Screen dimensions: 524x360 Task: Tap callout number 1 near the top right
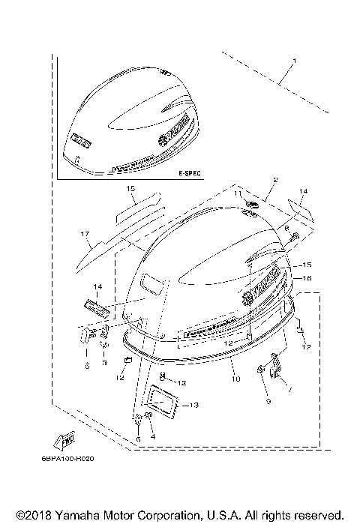(295, 59)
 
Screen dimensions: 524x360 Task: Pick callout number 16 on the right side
(306, 277)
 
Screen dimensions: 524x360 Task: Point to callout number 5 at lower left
(87, 366)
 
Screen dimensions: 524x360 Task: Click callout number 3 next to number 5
(105, 363)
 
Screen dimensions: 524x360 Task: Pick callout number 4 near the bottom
(153, 437)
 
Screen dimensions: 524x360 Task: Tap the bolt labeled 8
(294, 238)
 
